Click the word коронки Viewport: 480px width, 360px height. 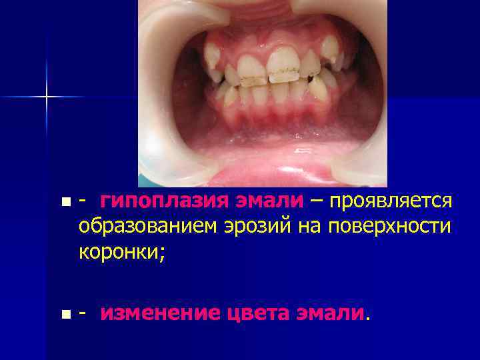116,253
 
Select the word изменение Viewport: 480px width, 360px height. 159,313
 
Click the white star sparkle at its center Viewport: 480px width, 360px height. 47,97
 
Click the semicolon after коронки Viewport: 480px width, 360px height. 157,254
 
